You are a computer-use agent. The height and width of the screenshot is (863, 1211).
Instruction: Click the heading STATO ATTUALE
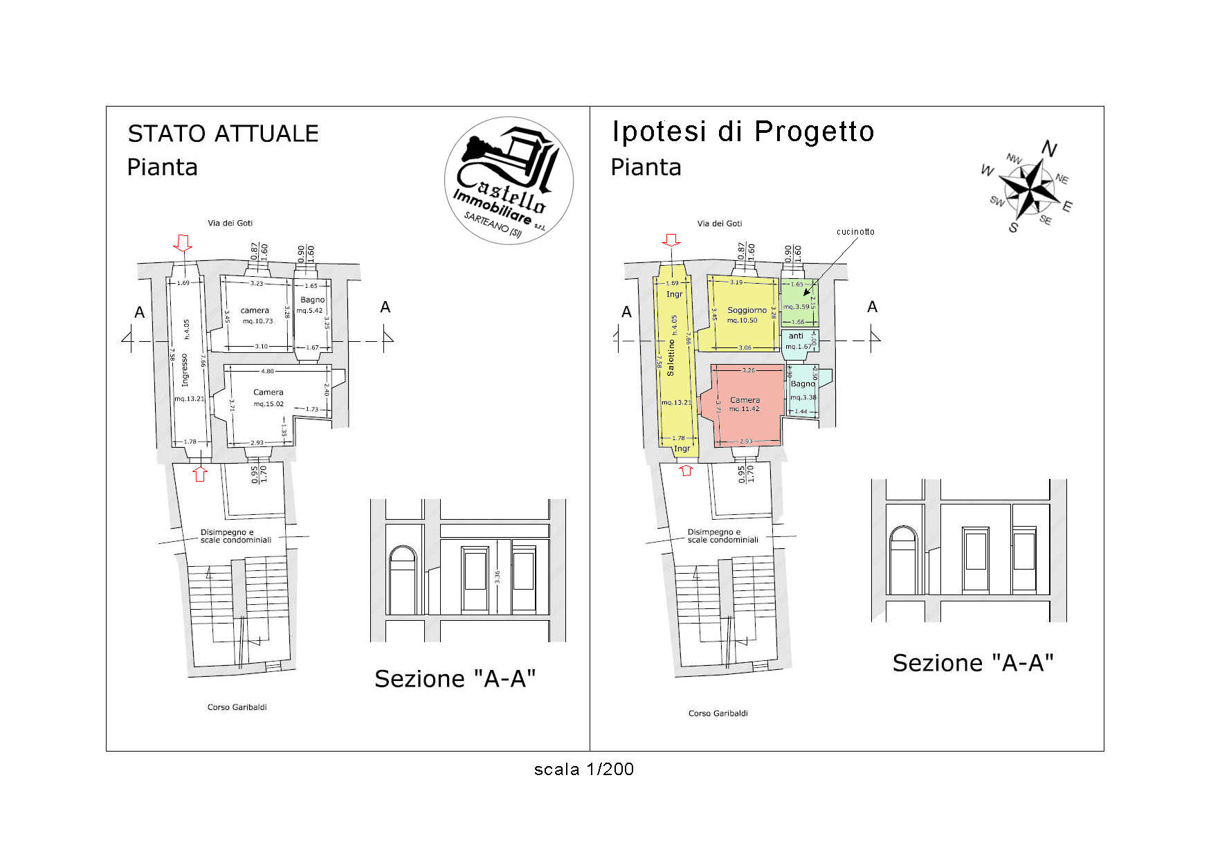tap(223, 134)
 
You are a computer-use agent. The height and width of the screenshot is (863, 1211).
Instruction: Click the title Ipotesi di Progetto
tap(743, 131)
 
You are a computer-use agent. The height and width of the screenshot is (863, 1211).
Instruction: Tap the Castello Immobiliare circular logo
tap(509, 181)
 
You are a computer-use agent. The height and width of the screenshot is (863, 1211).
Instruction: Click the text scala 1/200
tap(583, 769)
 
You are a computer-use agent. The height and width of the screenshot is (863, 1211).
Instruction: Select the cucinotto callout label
tap(855, 232)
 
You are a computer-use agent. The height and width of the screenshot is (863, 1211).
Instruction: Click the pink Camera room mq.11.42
tap(745, 404)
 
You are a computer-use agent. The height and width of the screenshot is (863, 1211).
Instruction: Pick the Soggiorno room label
tap(747, 311)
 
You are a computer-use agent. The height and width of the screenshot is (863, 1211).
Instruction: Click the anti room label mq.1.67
tap(797, 341)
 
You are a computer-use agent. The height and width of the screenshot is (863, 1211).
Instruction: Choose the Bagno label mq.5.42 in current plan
tap(311, 305)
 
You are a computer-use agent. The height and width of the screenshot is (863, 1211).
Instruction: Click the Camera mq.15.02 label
tap(268, 397)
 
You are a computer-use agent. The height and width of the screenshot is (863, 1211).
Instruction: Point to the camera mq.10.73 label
tap(255, 315)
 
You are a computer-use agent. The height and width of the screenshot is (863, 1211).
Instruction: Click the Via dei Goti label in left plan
tap(230, 223)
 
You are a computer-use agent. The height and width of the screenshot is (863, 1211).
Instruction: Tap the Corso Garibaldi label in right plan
tap(718, 713)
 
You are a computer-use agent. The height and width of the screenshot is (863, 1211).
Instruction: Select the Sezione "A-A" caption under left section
tap(455, 679)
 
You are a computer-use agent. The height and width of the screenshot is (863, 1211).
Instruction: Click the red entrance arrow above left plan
tap(183, 242)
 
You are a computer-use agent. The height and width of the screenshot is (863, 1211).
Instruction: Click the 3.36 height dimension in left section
tap(497, 576)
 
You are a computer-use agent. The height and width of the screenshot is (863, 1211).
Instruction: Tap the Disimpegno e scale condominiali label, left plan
tap(235, 536)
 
